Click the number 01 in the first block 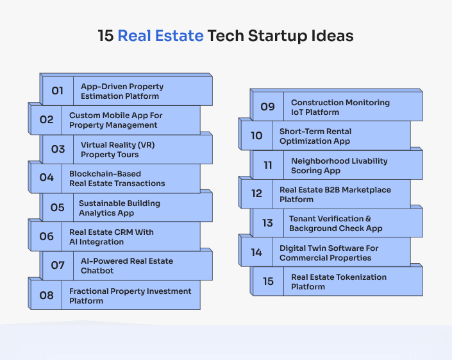click(x=57, y=91)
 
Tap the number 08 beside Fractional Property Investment click(x=46, y=295)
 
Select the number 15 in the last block click(x=268, y=281)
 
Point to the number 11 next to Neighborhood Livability click(x=268, y=165)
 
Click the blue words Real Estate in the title click(x=160, y=36)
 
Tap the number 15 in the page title click(x=106, y=36)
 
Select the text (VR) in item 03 click(x=147, y=145)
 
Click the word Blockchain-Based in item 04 click(x=105, y=174)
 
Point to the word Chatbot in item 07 click(x=97, y=271)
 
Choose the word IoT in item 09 click(x=297, y=112)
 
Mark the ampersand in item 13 click(x=368, y=219)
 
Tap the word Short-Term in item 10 click(x=301, y=132)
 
